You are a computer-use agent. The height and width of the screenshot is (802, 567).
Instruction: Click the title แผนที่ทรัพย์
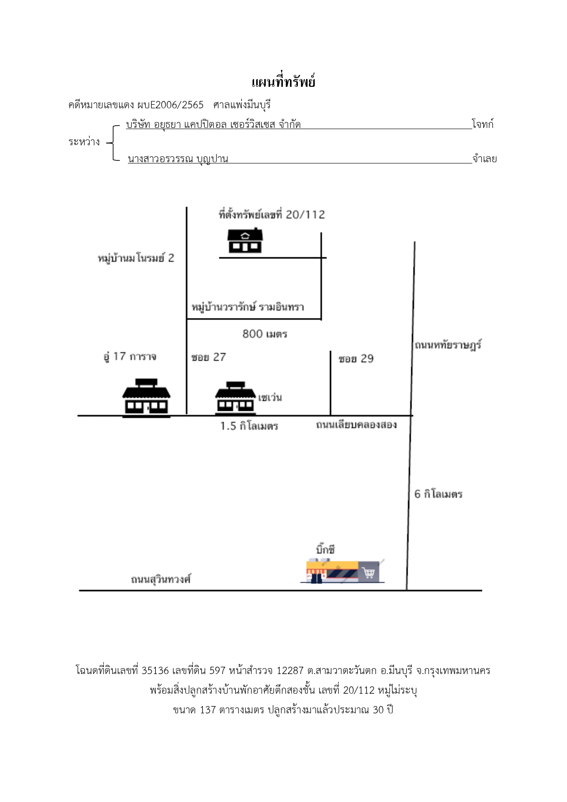(x=283, y=82)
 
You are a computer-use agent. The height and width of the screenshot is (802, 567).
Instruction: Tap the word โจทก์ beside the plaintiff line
(x=483, y=124)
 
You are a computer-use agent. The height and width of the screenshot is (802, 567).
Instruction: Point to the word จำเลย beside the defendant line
(x=485, y=159)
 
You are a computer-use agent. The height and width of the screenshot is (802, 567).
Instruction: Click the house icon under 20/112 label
(x=245, y=240)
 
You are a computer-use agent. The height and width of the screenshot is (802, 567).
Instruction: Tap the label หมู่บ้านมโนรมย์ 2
(x=136, y=258)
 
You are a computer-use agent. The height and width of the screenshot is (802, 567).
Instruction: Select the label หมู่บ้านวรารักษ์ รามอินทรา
(x=248, y=307)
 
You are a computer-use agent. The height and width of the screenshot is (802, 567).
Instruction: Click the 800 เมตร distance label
(x=265, y=334)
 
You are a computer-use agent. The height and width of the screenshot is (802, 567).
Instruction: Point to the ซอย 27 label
(x=209, y=357)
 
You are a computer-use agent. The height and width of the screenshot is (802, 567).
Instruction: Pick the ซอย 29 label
(x=356, y=359)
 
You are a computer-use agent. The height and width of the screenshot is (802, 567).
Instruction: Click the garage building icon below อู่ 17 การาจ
(x=146, y=398)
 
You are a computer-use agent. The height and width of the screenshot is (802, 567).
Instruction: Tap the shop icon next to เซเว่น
(x=235, y=398)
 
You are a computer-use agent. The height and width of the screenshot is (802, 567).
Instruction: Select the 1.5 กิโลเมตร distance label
(x=249, y=426)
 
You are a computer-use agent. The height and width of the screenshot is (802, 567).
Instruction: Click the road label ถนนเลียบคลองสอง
(x=356, y=425)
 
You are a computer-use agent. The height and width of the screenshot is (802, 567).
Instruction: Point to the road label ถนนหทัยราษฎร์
(x=448, y=345)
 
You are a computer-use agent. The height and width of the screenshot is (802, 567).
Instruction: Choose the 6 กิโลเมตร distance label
(x=439, y=494)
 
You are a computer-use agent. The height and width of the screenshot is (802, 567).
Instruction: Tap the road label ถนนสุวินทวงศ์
(x=161, y=579)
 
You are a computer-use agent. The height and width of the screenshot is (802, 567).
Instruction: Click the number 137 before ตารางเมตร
(x=208, y=710)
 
